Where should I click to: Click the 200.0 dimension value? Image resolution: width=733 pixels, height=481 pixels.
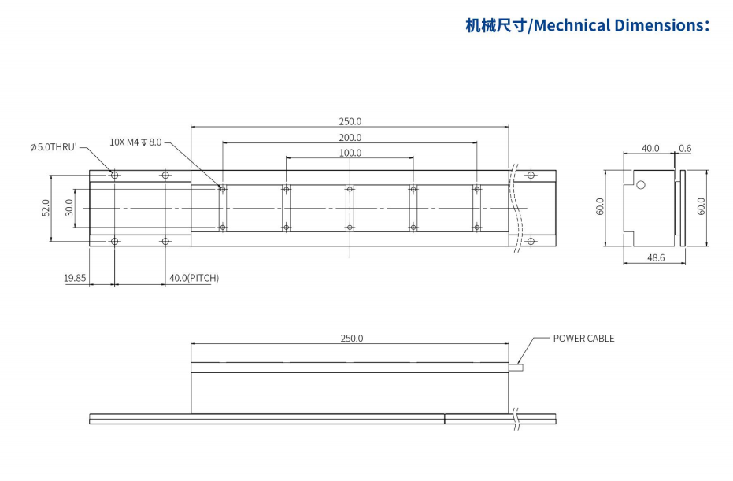(350, 138)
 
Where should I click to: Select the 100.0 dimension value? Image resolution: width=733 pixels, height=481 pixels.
(350, 153)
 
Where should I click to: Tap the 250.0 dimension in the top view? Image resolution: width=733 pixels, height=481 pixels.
(350, 121)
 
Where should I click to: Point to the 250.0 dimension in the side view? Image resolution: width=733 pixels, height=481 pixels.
(351, 339)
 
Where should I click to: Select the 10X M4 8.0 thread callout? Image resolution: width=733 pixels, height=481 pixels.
(135, 142)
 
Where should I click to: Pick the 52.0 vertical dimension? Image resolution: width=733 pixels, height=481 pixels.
(46, 208)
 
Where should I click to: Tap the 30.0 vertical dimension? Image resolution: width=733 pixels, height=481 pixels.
(68, 208)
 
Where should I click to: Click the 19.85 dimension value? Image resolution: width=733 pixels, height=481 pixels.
(75, 278)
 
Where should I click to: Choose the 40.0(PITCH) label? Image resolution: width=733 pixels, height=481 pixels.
(194, 278)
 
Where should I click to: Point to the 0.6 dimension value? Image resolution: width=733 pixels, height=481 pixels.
(685, 148)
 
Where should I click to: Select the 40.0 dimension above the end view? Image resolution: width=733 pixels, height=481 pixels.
(650, 148)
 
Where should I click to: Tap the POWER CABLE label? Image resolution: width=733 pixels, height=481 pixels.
(583, 339)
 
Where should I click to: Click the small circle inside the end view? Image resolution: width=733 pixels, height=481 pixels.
(641, 185)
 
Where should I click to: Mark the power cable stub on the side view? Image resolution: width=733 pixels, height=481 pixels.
(515, 367)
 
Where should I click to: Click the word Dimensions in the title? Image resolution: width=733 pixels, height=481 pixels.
(658, 25)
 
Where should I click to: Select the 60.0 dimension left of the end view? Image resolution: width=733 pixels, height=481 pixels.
(600, 206)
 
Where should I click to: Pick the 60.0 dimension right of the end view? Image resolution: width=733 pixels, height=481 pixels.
(702, 206)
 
